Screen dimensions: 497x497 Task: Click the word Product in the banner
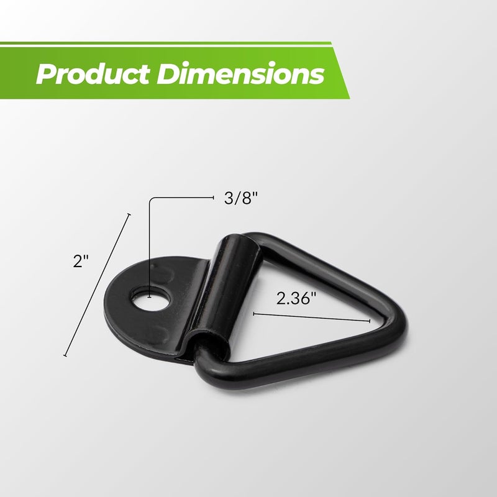(93, 74)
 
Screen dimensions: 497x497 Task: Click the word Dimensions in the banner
(240, 73)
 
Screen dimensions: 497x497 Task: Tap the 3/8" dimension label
(241, 198)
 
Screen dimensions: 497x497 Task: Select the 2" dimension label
(80, 261)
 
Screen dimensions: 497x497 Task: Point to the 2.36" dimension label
(296, 298)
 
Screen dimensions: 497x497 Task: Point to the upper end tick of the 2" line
(129, 214)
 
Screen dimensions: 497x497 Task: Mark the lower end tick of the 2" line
(65, 355)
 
